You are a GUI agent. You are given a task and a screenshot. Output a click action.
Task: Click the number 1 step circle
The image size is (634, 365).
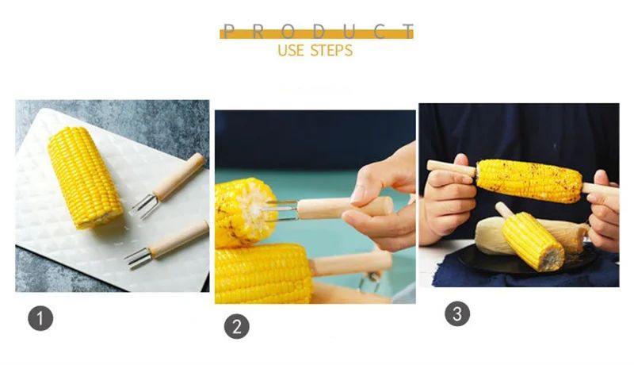click(x=40, y=319)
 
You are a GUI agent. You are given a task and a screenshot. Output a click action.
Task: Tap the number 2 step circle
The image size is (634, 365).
click(x=236, y=327)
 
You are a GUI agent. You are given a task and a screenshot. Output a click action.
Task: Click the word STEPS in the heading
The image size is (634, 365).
click(x=333, y=50)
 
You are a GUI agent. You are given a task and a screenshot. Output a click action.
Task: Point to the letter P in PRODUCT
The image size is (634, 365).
click(x=229, y=32)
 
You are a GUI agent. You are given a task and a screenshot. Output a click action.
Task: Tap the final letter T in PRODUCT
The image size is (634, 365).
click(x=407, y=32)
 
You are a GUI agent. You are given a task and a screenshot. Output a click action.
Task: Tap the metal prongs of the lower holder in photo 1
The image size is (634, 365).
click(x=138, y=256)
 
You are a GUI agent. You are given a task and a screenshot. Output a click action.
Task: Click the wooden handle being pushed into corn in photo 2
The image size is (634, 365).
click(x=341, y=208)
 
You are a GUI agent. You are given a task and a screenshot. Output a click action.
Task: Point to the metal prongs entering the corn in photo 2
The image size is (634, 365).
click(x=281, y=209)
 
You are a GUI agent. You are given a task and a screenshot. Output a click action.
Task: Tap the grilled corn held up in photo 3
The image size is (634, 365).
click(x=528, y=179)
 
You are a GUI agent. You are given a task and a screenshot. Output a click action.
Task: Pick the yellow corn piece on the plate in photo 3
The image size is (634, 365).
click(x=533, y=240)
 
